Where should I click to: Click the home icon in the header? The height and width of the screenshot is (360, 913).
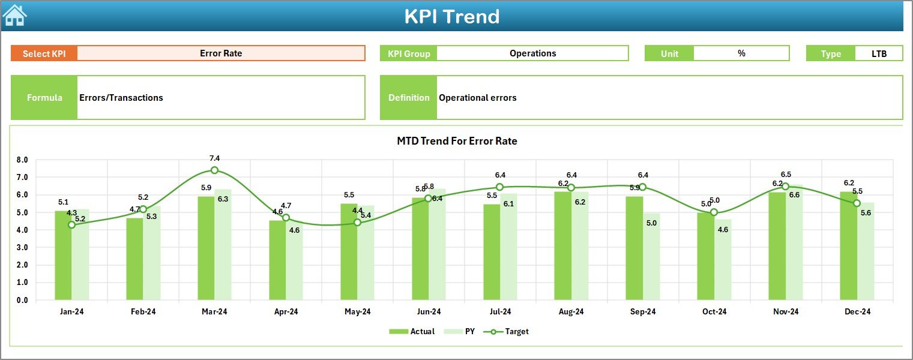tap(14, 15)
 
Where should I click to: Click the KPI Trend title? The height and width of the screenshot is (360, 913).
tap(451, 16)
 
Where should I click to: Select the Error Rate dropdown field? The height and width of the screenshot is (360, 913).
tap(221, 53)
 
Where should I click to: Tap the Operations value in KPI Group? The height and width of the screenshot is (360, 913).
tap(532, 53)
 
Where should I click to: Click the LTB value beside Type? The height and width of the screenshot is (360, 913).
tap(879, 53)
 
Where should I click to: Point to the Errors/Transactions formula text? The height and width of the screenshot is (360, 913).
tap(121, 98)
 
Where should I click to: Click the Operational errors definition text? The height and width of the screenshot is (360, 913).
tap(477, 98)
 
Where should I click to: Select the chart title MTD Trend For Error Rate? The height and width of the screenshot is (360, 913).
tap(457, 141)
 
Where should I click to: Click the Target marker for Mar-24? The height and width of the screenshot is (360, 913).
tap(214, 170)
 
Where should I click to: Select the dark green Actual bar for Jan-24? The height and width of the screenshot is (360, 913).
tap(63, 255)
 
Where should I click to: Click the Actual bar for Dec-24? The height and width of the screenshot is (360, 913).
tap(848, 246)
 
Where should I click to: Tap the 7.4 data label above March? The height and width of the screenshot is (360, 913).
tap(214, 158)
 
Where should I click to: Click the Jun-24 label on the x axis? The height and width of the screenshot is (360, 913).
tap(429, 312)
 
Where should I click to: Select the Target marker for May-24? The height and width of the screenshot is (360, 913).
tap(357, 223)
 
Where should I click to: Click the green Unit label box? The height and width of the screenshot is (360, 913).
tap(669, 53)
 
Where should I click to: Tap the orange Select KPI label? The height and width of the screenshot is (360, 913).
tap(44, 53)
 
